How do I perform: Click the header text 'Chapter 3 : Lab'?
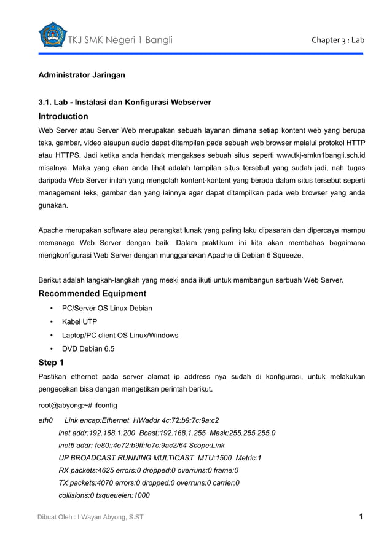pos(338,41)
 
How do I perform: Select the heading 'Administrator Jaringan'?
pos(82,75)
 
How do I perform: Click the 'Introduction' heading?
pos(63,116)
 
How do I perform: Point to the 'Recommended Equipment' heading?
pos(92,293)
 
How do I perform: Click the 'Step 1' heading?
pos(51,362)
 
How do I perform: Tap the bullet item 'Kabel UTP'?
pos(79,321)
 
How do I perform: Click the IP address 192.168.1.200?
pos(111,433)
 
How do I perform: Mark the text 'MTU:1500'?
pos(215,458)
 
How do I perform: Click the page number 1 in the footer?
pos(361,516)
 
